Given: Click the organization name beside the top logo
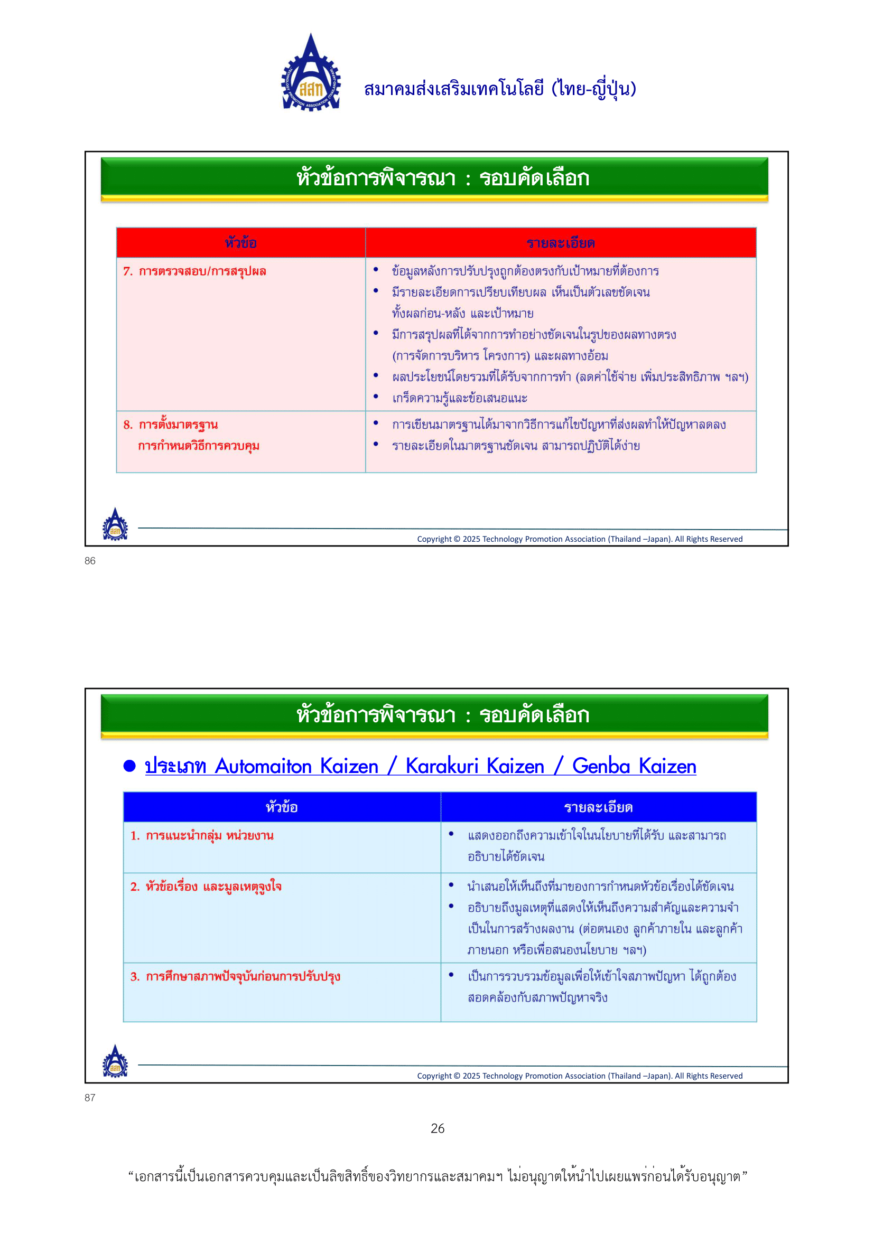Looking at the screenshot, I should tap(499, 89).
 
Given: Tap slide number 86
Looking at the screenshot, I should tap(90, 561).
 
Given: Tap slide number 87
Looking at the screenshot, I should tap(90, 1098).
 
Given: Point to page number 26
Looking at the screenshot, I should tap(437, 1128).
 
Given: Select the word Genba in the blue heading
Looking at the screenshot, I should tap(601, 766).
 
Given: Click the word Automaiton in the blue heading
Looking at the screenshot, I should tap(263, 766).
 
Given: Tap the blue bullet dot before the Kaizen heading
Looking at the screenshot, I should tap(129, 766).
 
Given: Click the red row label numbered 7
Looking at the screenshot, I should tap(195, 271).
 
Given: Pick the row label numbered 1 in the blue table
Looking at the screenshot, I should tap(202, 835).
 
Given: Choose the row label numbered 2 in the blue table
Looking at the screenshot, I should tap(206, 887).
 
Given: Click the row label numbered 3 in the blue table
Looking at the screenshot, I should tap(235, 976).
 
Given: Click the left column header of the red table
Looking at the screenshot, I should tap(240, 243).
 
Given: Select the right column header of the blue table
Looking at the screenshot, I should tap(598, 807).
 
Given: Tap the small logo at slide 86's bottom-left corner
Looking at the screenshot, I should tap(115, 524).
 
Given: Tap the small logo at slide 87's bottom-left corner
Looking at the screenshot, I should tap(115, 1061).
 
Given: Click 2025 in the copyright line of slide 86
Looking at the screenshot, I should tap(471, 539).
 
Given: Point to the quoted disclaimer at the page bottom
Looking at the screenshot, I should tap(437, 1176).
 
